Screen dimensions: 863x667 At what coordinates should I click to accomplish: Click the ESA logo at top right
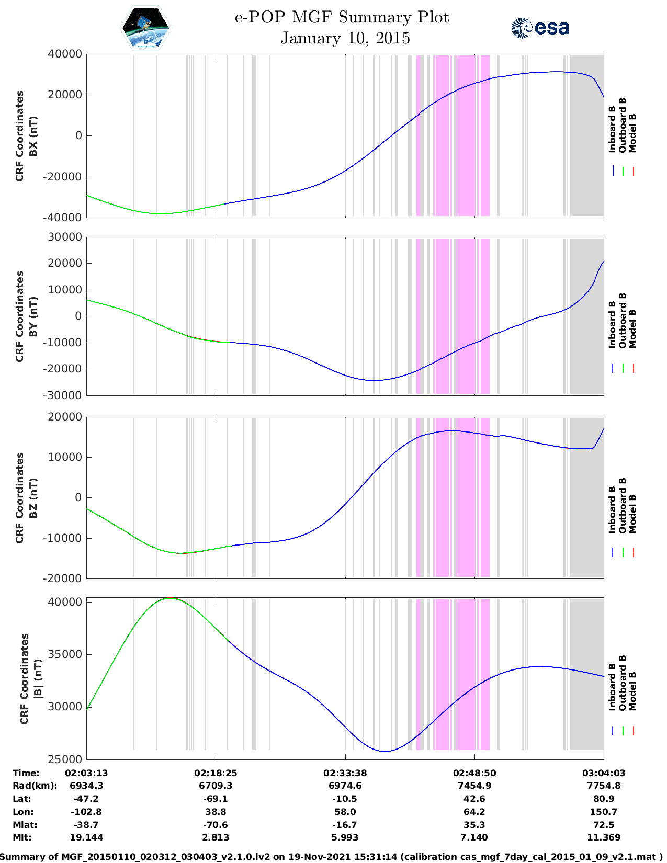540,28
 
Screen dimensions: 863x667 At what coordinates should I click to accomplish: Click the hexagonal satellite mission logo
146,28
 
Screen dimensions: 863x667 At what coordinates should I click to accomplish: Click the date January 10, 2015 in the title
345,38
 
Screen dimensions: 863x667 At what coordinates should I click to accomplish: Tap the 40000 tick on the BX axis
64,54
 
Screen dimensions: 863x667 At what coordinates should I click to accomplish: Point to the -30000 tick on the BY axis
64,395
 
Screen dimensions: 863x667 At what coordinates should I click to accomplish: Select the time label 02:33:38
345,773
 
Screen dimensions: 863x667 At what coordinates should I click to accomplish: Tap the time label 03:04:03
603,773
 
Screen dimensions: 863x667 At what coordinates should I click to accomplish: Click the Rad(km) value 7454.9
474,786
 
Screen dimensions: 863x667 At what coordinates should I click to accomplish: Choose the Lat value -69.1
216,799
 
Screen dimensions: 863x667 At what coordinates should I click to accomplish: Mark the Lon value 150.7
603,812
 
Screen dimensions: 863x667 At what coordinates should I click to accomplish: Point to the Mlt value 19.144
86,837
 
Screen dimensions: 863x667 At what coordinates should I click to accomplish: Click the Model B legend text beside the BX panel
632,133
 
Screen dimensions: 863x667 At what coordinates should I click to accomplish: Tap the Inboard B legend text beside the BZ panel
613,509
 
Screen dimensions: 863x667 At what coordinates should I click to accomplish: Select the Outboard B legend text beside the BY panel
623,321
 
